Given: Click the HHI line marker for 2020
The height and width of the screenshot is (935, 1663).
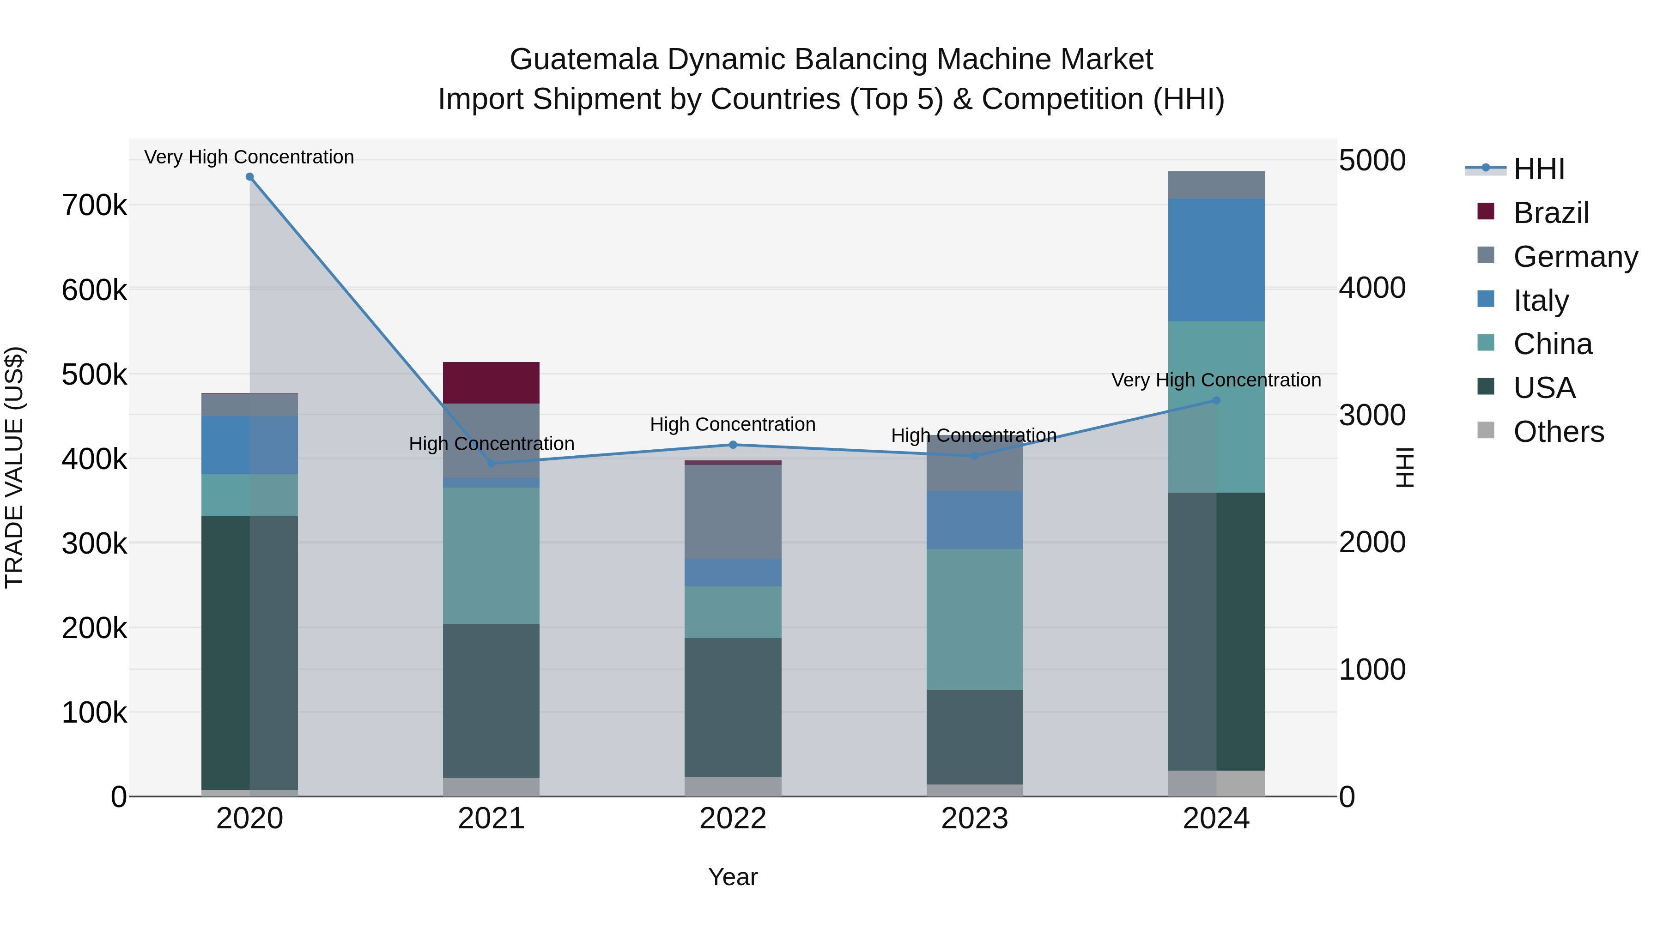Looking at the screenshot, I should [x=250, y=177].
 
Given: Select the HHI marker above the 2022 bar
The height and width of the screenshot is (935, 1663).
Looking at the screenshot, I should [x=733, y=445].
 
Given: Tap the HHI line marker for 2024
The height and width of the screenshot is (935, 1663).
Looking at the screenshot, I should [x=1216, y=400].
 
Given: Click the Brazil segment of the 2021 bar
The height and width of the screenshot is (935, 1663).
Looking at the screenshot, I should [x=492, y=383].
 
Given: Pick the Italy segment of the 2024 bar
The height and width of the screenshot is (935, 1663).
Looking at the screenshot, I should [x=1216, y=260].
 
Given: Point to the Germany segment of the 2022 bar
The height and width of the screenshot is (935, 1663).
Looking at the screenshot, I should [x=733, y=512].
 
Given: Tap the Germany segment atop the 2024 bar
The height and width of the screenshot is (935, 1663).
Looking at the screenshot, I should [x=1216, y=185].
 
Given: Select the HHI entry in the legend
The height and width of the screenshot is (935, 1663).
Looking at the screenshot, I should [x=1538, y=169].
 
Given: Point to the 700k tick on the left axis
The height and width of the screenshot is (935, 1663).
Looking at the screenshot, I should [x=94, y=206].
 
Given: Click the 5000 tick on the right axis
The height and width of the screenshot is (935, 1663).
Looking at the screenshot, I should [x=1372, y=160].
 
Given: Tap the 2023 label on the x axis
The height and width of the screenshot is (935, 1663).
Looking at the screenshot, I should [x=975, y=818].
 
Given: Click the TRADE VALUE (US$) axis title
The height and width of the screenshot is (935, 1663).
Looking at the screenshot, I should [x=15, y=467].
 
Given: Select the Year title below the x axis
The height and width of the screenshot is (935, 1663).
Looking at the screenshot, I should [x=733, y=877].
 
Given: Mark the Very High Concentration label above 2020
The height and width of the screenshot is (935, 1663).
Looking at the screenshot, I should [x=249, y=157].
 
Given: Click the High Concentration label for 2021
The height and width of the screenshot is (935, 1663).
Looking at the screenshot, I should [x=492, y=444].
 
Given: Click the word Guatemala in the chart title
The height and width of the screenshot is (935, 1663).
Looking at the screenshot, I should [x=583, y=60].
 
